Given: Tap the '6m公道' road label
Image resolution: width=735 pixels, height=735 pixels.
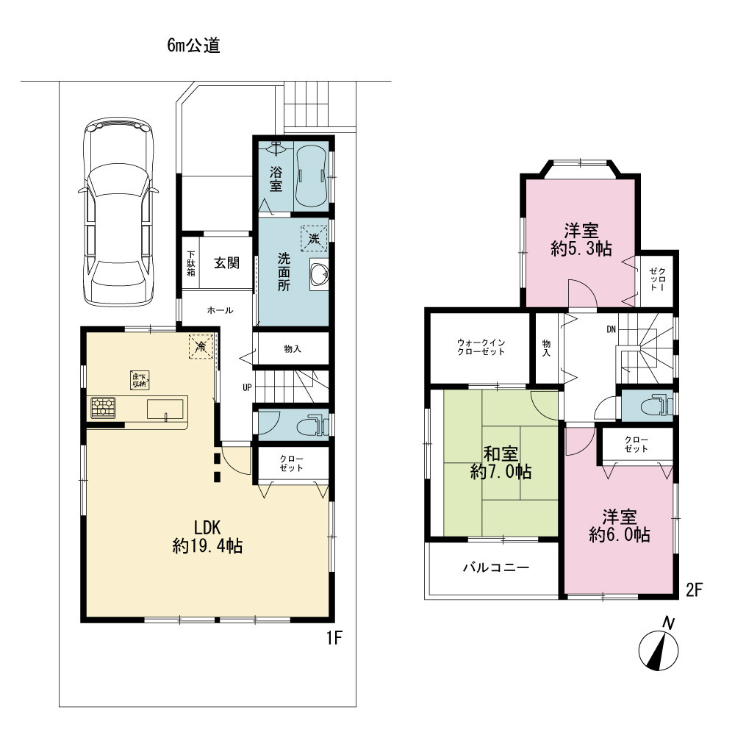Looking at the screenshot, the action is coord(193,46).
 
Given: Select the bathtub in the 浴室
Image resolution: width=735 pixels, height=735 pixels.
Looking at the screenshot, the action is coord(311,176).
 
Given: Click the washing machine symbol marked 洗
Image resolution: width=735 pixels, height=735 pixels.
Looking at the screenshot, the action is coord(314,239).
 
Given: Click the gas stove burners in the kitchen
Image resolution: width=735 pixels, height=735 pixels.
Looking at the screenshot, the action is coord(103,407).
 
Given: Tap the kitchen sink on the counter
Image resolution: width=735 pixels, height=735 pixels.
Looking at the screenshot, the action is coord(165,409).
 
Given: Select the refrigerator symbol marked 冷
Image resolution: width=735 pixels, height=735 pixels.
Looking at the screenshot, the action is coord(201,347).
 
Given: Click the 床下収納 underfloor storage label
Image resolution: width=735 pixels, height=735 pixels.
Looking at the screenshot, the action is coord(140,380).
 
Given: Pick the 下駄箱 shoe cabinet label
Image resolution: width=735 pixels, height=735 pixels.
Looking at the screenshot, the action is coord(191,263).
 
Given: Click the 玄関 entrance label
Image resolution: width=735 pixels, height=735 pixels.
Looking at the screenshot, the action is coord(227,263).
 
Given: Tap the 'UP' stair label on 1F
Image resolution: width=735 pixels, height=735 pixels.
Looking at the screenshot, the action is coord(247,387).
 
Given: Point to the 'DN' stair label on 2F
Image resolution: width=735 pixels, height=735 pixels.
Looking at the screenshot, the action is coord(611,329).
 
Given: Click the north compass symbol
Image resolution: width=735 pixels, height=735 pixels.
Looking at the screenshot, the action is coord(659,646).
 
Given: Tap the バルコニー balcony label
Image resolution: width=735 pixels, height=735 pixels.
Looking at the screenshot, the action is coord(496,567).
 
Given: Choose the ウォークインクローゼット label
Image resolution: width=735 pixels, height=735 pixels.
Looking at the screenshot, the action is coord(481,348).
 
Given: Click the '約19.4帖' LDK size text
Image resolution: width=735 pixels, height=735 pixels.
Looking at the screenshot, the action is coord(207,546).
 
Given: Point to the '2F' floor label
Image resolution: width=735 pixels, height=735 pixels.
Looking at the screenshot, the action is coord(695,589).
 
